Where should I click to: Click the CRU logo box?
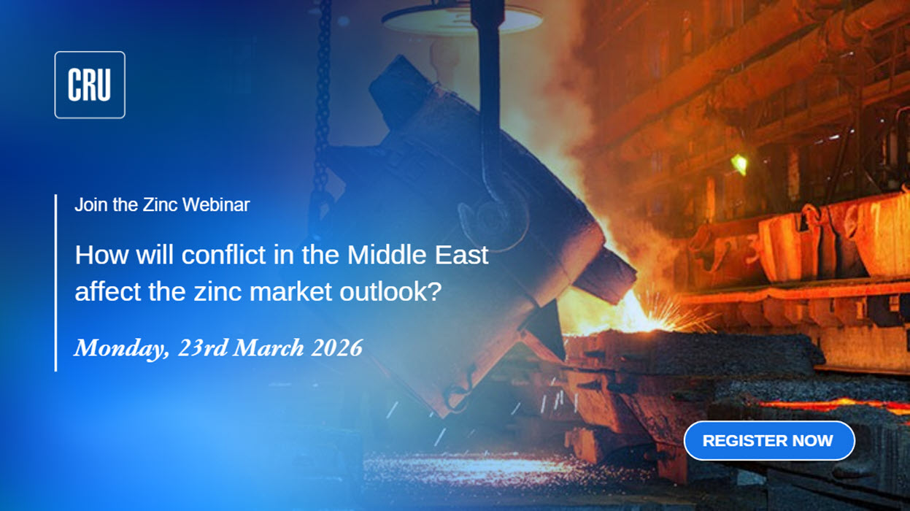pyautogui.click(x=90, y=85)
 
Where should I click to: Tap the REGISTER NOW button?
pyautogui.click(x=769, y=441)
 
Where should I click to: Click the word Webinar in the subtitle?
pyautogui.click(x=216, y=204)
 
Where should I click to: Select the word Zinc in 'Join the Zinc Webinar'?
pyautogui.click(x=160, y=204)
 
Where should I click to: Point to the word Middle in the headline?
pyautogui.click(x=387, y=255)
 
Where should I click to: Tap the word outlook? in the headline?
pyautogui.click(x=390, y=291)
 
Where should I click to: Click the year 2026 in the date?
pyautogui.click(x=337, y=347)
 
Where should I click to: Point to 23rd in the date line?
pyautogui.click(x=203, y=347)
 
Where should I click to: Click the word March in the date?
pyautogui.click(x=269, y=347)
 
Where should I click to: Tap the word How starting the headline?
pyautogui.click(x=101, y=255)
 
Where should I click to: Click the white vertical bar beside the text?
pyautogui.click(x=55, y=283)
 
